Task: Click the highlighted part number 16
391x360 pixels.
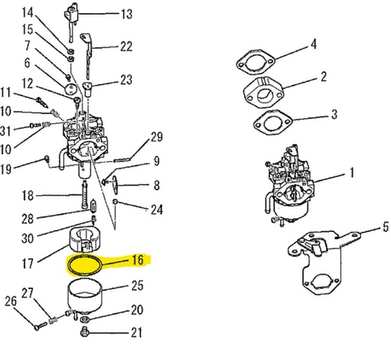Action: point(138,260)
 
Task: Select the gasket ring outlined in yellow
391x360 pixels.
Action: point(86,266)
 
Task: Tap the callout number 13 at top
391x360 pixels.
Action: point(126,14)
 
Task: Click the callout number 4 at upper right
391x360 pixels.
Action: point(313,44)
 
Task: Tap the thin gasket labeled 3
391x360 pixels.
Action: point(268,120)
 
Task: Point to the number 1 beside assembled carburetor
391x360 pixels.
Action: point(352,174)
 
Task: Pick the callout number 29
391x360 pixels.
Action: point(157,138)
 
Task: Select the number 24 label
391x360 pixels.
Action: point(157,209)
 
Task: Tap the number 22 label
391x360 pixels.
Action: point(126,47)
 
